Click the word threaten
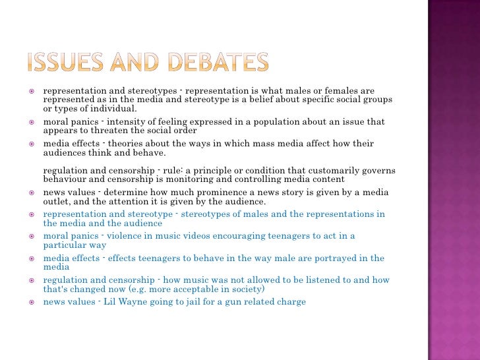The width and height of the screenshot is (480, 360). click(x=104, y=131)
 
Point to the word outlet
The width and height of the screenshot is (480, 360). click(x=57, y=202)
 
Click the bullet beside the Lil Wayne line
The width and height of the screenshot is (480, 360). click(x=30, y=302)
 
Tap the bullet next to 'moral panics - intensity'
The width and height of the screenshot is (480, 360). click(x=30, y=122)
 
